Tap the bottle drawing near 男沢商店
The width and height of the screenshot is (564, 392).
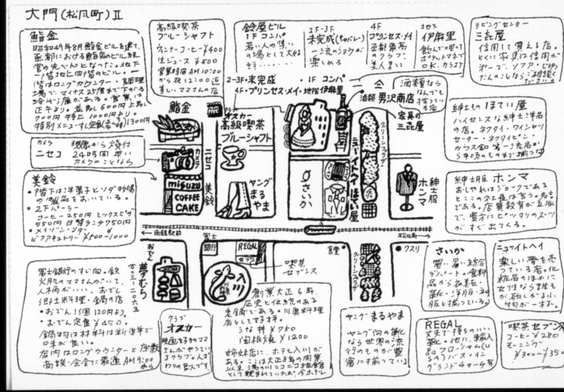[343, 113]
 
